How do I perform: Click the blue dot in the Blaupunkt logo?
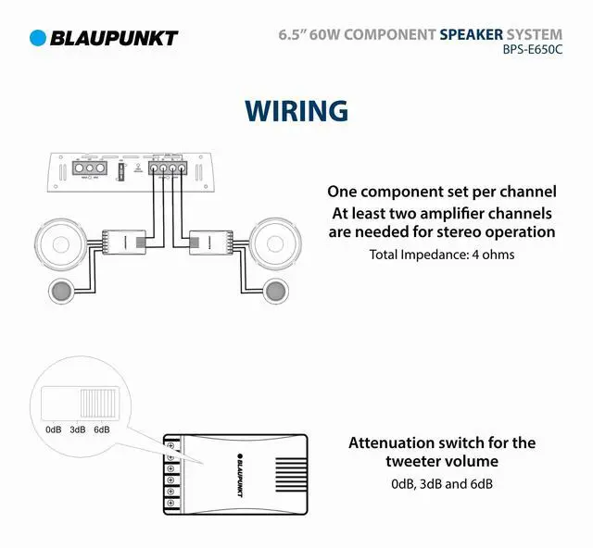(x=38, y=38)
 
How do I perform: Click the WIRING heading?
(x=296, y=110)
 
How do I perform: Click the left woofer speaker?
(x=63, y=243)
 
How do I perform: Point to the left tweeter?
(x=61, y=291)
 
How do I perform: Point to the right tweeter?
(x=274, y=291)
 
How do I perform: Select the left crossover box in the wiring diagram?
(x=121, y=243)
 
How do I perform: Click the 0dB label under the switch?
(x=53, y=430)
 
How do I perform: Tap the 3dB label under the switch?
(x=78, y=430)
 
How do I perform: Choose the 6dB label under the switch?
(x=102, y=430)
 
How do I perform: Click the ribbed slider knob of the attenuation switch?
(x=97, y=404)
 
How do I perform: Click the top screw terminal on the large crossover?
(x=170, y=446)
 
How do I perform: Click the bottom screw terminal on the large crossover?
(x=170, y=506)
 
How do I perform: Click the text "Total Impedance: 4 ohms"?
(x=442, y=254)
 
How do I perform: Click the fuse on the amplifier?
(x=121, y=170)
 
